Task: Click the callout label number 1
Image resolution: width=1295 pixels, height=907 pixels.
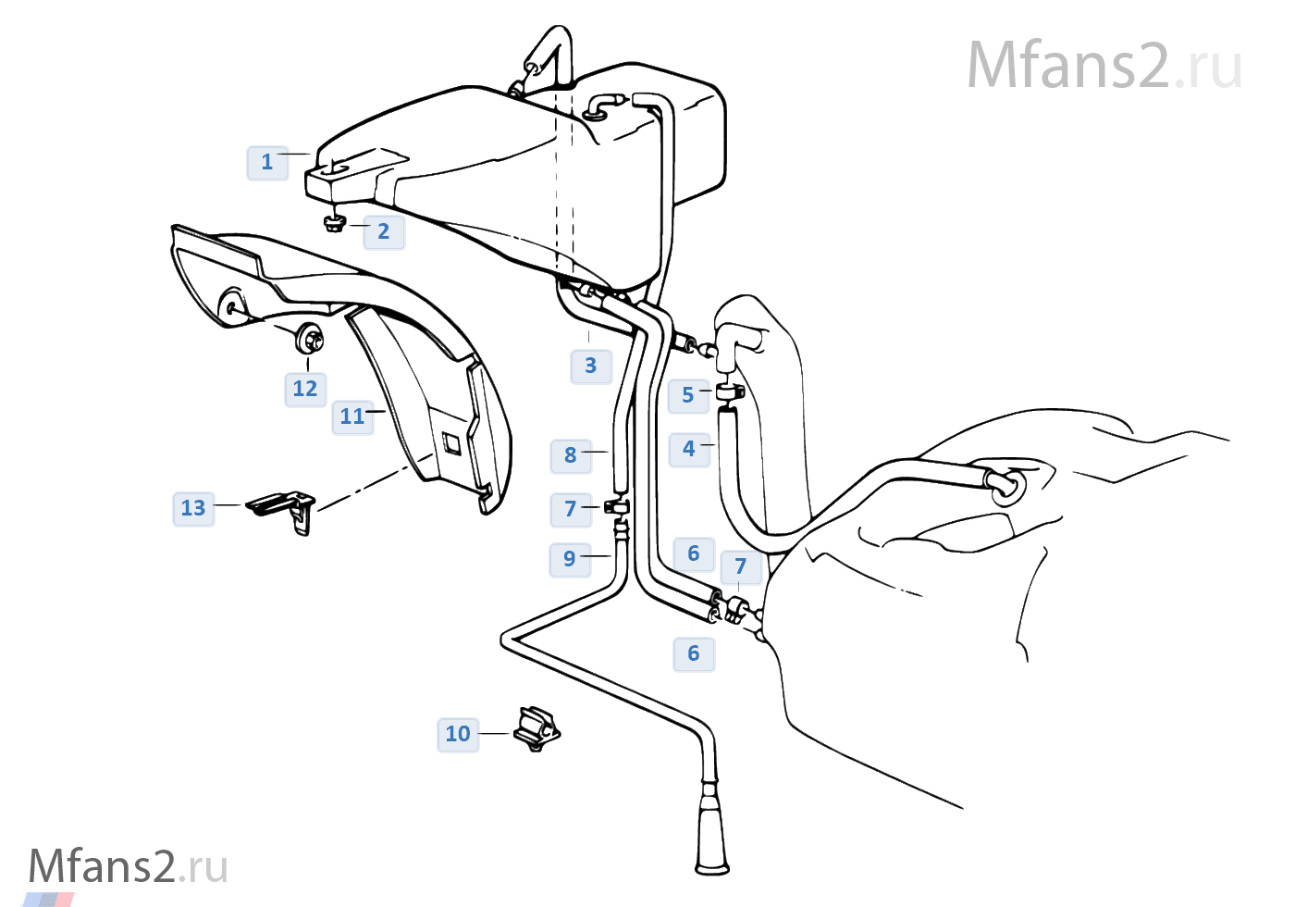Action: pos(267,163)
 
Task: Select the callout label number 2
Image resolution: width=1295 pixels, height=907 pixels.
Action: pos(384,232)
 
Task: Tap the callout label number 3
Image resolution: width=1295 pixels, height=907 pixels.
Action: pos(591,367)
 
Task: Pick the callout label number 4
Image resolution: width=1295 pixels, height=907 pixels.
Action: pos(689,450)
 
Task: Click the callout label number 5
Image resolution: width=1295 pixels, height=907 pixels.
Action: pos(688,396)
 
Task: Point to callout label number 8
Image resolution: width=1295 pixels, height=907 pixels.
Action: pos(571,455)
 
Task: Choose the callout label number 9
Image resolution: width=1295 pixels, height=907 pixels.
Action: pos(570,559)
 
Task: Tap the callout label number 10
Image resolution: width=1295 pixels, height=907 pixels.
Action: pos(458,735)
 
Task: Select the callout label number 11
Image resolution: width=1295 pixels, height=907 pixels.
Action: pos(352,417)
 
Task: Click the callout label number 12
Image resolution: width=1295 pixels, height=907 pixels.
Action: pos(305,390)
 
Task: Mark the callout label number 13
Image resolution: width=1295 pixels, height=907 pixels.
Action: pos(193,509)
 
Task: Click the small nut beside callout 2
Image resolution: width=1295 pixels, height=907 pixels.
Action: pos(335,224)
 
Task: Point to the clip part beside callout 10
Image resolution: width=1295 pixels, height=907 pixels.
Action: pos(536,730)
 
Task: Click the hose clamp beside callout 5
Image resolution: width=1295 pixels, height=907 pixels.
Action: pos(731,391)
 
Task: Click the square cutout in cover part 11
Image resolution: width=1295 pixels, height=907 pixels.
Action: pos(451,443)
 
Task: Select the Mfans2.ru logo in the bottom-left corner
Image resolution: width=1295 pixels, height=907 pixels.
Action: pos(128,867)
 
